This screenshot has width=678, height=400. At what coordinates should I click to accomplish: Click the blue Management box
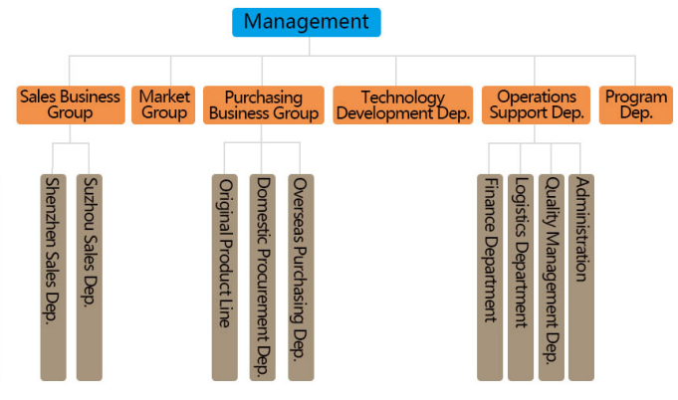(x=306, y=22)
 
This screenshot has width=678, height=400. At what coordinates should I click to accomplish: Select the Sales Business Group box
(x=70, y=104)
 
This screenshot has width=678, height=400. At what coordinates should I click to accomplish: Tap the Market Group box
(x=164, y=104)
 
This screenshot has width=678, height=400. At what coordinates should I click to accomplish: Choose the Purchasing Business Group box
(x=264, y=104)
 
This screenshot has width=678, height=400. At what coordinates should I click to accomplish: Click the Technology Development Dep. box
(x=402, y=104)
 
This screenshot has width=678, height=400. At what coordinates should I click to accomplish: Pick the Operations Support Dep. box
(x=537, y=104)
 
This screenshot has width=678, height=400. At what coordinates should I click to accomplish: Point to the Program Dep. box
(x=636, y=104)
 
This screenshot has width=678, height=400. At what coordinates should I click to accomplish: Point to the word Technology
(x=402, y=98)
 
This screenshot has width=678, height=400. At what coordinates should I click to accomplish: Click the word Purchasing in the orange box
(x=264, y=98)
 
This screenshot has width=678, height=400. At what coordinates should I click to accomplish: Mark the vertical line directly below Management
(x=309, y=46)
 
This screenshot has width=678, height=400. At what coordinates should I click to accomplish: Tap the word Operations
(x=537, y=98)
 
